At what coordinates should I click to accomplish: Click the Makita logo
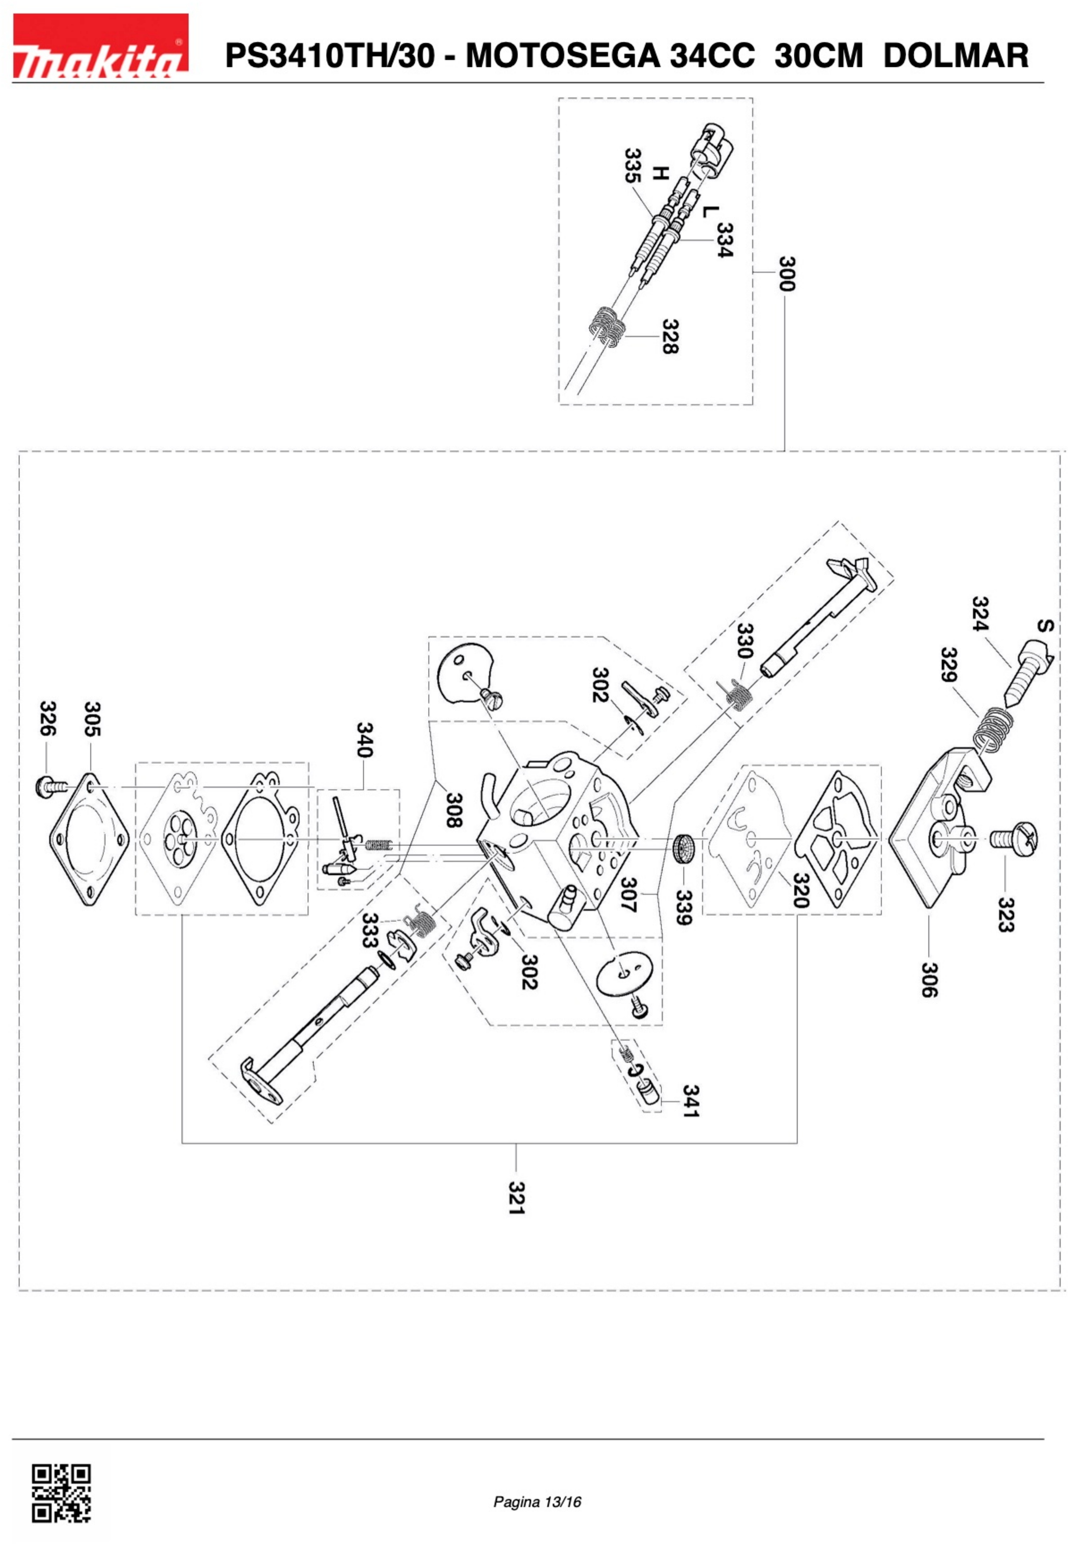101,46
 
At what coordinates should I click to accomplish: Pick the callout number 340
364,740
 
